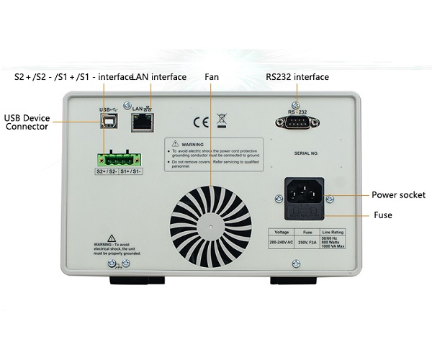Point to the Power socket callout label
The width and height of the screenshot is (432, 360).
[x=397, y=195]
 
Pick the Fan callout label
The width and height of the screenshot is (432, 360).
[x=212, y=77]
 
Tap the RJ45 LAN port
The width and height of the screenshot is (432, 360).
[x=140, y=122]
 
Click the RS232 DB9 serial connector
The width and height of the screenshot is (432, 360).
[x=296, y=124]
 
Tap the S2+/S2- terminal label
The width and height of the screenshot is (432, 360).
[x=107, y=172]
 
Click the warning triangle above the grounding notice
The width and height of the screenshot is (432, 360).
[x=112, y=238]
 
